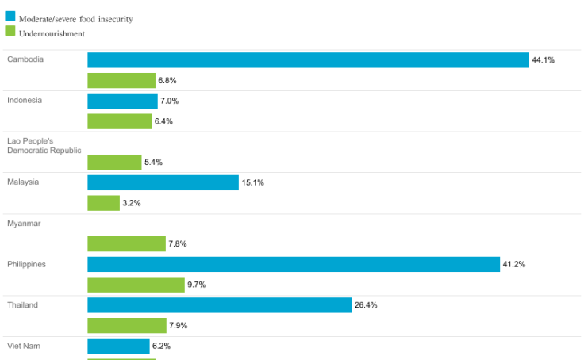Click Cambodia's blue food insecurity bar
pyautogui.click(x=308, y=60)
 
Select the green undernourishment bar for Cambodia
pyautogui.click(x=121, y=80)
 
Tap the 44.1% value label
pyautogui.click(x=544, y=60)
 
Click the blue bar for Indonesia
pyautogui.click(x=122, y=101)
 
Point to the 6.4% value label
pyautogui.click(x=163, y=121)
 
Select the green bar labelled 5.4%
pyautogui.click(x=114, y=162)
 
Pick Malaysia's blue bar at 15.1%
pyautogui.click(x=163, y=182)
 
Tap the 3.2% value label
pyautogui.click(x=132, y=203)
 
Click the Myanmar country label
pyautogui.click(x=23, y=224)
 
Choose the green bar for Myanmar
pyautogui.click(x=126, y=244)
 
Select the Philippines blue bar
pyautogui.click(x=294, y=264)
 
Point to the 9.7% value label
pyautogui.click(x=197, y=285)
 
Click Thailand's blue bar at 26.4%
pyautogui.click(x=219, y=305)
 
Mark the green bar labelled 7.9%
pyautogui.click(x=127, y=325)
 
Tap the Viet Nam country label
pyautogui.click(x=23, y=346)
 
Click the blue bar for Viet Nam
pyautogui.click(x=118, y=346)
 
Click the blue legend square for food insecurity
pyautogui.click(x=10, y=17)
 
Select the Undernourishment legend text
pyautogui.click(x=52, y=33)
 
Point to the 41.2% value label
pyautogui.click(x=514, y=264)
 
